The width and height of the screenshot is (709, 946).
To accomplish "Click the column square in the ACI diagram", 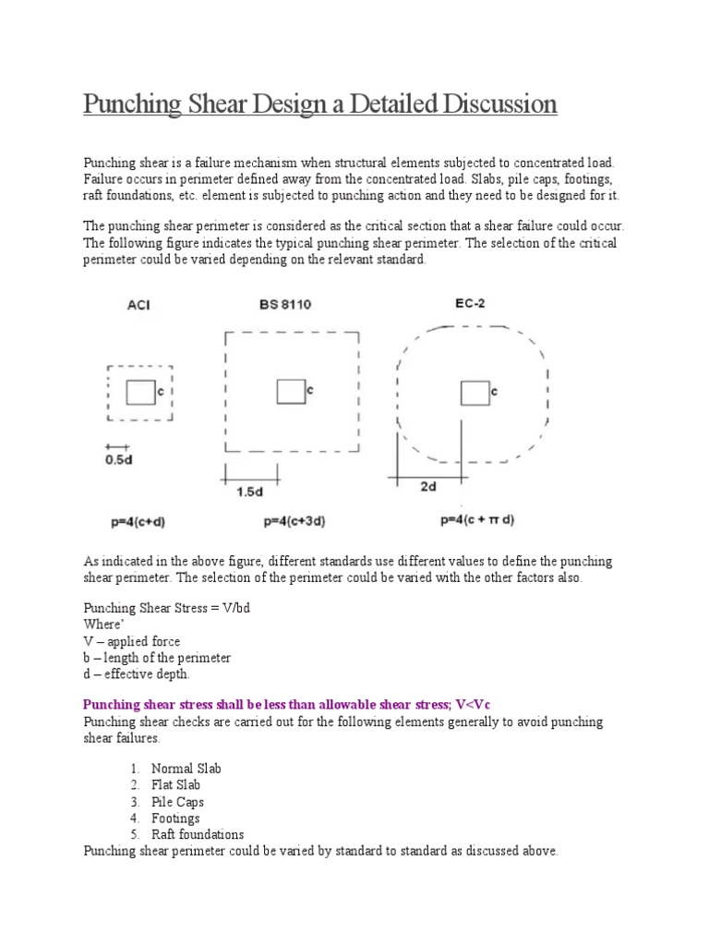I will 140,392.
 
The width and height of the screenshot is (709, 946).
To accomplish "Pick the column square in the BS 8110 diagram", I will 291,392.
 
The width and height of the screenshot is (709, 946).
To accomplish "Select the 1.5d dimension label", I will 249,492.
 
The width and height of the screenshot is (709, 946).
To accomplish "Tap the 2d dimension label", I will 428,486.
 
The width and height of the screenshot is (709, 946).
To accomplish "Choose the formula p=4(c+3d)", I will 294,521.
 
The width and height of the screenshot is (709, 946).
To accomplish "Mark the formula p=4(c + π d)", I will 477,520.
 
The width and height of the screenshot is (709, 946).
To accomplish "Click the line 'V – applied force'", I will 132,641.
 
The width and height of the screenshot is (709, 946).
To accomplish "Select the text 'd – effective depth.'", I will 137,674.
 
